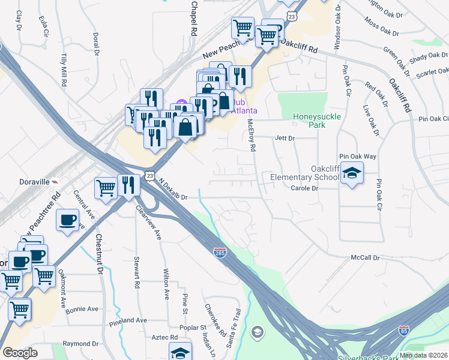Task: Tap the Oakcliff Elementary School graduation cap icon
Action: click(352, 175)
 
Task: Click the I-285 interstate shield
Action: click(220, 253)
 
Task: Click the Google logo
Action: click(20, 353)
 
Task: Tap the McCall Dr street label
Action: click(366, 258)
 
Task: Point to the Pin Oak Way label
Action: click(358, 156)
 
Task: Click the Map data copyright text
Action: click(424, 355)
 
